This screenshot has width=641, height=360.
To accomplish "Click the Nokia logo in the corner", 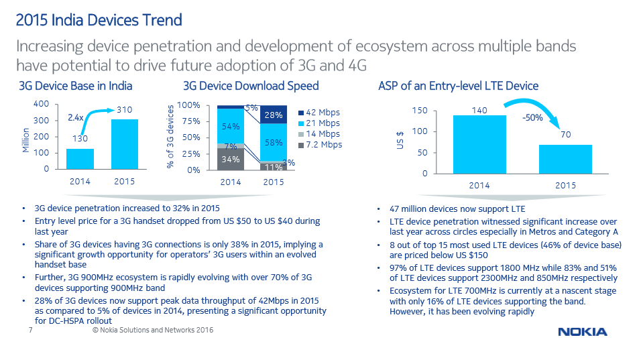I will pyautogui.click(x=582, y=332).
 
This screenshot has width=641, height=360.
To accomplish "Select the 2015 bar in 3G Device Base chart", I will pyautogui.click(x=124, y=144).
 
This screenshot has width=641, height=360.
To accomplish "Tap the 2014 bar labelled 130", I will pyautogui.click(x=80, y=159).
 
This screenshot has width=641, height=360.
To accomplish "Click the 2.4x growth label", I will pyautogui.click(x=76, y=117).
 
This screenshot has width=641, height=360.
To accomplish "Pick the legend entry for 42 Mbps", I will pyautogui.click(x=318, y=113).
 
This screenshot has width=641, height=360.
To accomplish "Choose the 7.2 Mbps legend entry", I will pyautogui.click(x=318, y=145).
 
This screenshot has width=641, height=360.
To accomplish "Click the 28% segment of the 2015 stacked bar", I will pyautogui.click(x=273, y=115).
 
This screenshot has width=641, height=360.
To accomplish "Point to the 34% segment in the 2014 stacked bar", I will pyautogui.click(x=231, y=159).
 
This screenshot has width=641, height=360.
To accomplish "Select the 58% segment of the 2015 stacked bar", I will pyautogui.click(x=273, y=143).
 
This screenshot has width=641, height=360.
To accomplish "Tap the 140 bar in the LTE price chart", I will pyautogui.click(x=479, y=144).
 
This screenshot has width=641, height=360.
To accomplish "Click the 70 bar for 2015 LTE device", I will pyautogui.click(x=565, y=159).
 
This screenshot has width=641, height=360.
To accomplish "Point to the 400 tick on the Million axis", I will pyautogui.click(x=42, y=105).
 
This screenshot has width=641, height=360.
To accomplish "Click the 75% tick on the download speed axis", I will pyautogui.click(x=191, y=121).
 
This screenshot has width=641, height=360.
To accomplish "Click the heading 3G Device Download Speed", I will pyautogui.click(x=251, y=86).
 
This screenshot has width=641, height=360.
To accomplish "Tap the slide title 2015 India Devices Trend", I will pyautogui.click(x=99, y=20).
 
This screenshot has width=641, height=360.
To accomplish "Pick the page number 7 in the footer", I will pyautogui.click(x=30, y=331).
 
